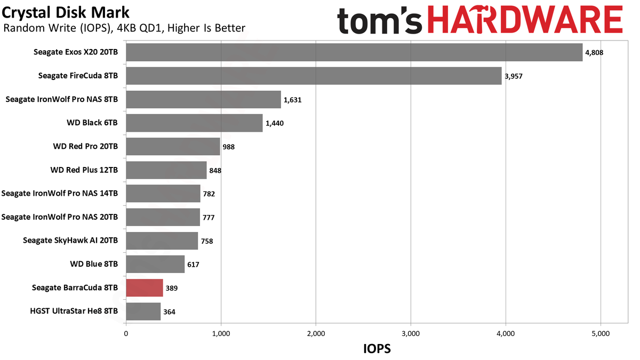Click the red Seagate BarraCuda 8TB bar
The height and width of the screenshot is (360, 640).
coord(145,287)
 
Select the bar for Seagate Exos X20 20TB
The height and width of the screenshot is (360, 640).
coord(354,52)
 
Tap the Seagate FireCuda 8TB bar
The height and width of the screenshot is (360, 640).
coord(314,76)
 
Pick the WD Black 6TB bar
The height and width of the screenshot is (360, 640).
coord(194,123)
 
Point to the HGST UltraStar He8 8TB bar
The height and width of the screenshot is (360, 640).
coord(143,311)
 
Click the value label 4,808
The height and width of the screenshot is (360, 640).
coord(594,53)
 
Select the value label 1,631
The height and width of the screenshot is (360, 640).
coord(293,100)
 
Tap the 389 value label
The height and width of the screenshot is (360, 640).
coord(172,288)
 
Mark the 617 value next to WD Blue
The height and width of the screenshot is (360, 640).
coord(193,265)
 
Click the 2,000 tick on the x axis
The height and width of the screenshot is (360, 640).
coord(316,334)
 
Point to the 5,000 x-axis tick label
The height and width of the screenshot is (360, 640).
coord(601,334)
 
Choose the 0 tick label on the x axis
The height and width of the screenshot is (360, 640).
coord(126,334)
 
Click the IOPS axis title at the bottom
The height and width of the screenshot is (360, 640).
coord(377,349)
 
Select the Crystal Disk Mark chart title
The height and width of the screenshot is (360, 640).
coord(66,13)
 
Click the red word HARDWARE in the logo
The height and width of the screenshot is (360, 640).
coord(525,19)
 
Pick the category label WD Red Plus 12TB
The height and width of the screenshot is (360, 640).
coord(84,170)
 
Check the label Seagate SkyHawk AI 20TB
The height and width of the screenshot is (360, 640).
coord(70,241)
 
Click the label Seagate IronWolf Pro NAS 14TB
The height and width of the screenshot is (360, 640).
coord(59,194)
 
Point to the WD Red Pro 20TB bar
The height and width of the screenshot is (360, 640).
coord(173,147)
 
